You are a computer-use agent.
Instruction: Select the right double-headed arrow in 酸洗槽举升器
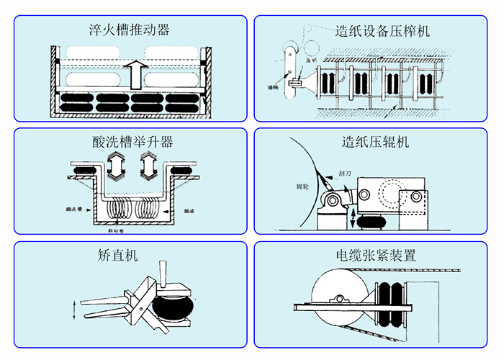(147, 166)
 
